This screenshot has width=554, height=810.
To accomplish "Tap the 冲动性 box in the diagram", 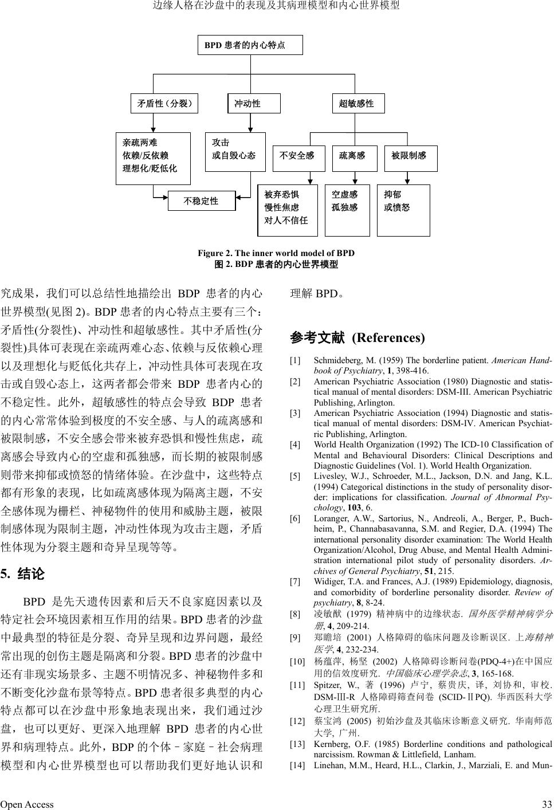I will click(254, 104).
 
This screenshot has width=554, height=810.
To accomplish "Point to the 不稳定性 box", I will click(201, 201).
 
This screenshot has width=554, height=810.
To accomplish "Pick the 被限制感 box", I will click(410, 155).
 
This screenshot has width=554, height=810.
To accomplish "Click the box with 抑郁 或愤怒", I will click(403, 210).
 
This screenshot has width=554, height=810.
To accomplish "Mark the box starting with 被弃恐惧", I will click(288, 210).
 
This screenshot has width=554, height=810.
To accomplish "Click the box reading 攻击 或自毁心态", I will click(235, 152).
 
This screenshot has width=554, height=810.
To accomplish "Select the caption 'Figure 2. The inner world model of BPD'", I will click(276, 253).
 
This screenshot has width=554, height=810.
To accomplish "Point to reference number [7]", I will click(295, 581).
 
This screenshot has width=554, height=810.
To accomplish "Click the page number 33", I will click(547, 804).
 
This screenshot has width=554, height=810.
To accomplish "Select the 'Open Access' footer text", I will click(27, 804).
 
